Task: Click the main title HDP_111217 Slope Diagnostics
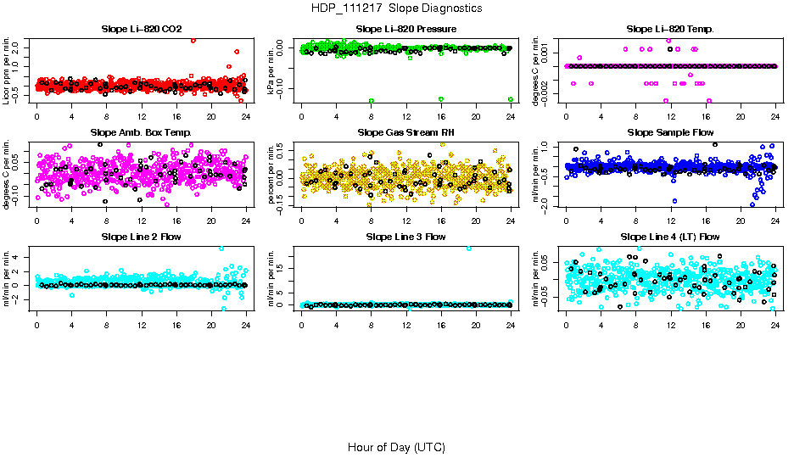397,8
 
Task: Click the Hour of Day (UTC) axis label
396,447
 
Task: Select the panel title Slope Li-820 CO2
142,30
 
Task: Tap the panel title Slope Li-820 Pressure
406,30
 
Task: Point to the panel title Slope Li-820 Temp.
670,30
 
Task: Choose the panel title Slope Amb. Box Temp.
142,133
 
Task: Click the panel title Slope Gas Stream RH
406,133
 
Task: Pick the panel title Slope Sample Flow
670,133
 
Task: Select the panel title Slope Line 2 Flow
142,237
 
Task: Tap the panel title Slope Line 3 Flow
406,237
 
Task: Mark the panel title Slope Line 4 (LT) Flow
670,237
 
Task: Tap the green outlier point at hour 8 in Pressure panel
372,100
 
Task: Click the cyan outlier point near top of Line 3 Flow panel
468,249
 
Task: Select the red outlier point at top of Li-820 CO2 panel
193,40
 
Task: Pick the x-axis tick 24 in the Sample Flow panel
775,221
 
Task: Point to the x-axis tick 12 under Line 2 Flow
142,324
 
